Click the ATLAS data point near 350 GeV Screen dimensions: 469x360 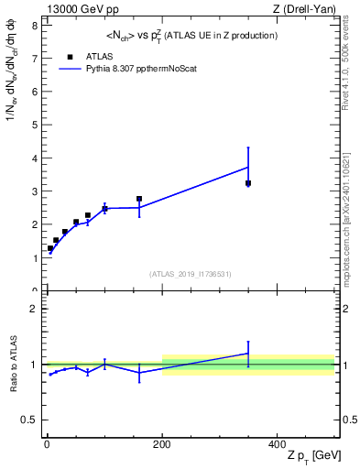pos(248,183)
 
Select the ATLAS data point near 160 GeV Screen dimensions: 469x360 pos(139,199)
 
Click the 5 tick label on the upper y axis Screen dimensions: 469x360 pos(34,125)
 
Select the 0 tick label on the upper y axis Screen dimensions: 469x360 pos(34,291)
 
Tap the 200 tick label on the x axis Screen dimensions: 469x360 pos(162,443)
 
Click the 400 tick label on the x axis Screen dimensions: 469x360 pos(277,443)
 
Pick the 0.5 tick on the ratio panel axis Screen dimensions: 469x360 pos(30,420)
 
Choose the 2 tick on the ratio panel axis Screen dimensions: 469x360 pos(34,309)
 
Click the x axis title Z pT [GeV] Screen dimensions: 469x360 pos(307,456)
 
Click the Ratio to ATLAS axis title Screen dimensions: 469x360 pos(12,365)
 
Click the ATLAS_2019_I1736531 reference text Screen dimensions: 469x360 pos(190,274)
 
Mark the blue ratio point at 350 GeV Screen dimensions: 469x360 pos(248,354)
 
